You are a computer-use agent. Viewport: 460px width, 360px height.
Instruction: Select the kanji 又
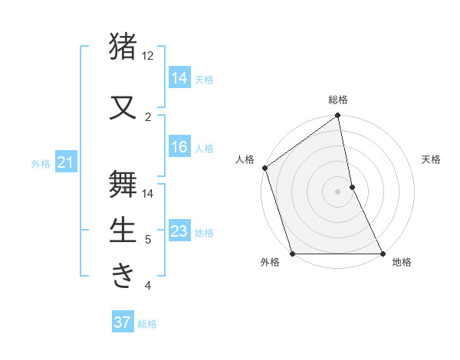[x=123, y=106]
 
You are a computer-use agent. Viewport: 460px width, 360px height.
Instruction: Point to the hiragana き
[x=123, y=275]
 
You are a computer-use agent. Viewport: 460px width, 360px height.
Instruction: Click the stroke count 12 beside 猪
[x=148, y=56]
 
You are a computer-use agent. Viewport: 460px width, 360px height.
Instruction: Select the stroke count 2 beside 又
[x=148, y=116]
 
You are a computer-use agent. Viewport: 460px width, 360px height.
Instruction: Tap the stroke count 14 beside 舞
[x=148, y=193]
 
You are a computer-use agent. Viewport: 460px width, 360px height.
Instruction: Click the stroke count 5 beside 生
[x=148, y=240]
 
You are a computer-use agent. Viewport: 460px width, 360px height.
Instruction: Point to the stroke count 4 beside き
[x=148, y=286]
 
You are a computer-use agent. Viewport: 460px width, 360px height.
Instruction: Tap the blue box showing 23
[x=179, y=231]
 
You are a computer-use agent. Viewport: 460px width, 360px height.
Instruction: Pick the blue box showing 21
[x=65, y=162]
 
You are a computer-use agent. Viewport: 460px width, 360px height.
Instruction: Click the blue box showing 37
[x=123, y=322]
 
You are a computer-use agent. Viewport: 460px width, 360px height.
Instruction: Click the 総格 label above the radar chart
[x=338, y=100]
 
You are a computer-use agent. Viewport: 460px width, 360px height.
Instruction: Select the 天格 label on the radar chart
[x=432, y=159]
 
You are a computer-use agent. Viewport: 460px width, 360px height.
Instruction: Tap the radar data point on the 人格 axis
[x=265, y=168]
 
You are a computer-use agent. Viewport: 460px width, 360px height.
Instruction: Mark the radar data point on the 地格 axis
[x=382, y=254]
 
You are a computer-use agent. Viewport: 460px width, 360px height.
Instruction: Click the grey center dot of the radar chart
[x=337, y=191]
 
